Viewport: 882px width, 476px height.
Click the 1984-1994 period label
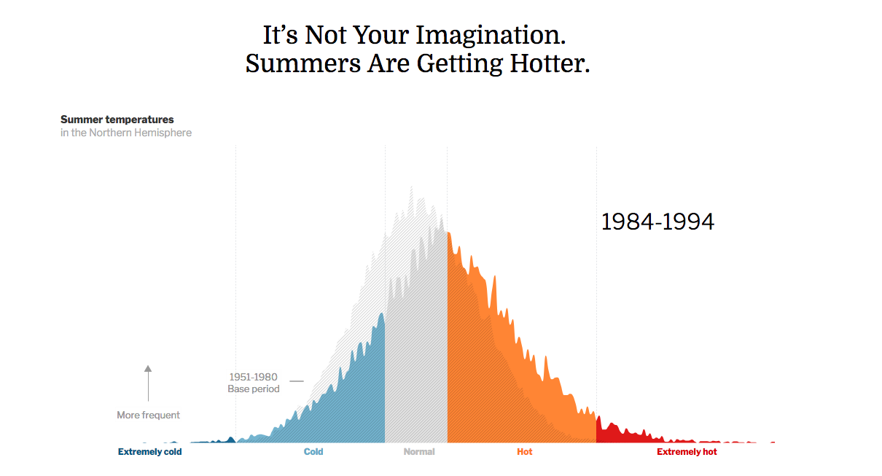tap(657, 222)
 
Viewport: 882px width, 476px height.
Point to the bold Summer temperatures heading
tap(117, 120)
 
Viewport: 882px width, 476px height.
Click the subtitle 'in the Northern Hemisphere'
tap(126, 133)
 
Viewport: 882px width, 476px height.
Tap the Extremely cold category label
tap(150, 452)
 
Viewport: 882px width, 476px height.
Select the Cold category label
tap(313, 452)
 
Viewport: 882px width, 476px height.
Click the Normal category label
tap(419, 452)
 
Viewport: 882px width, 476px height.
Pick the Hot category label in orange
tap(525, 452)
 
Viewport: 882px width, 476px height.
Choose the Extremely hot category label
tap(687, 452)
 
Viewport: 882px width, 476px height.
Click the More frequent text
tap(148, 415)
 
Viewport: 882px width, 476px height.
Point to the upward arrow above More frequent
tap(148, 382)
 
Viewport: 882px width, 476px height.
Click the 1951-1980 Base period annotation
tap(253, 383)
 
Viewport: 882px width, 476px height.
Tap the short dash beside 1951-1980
tap(296, 381)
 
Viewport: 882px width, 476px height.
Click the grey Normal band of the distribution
tap(415, 364)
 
